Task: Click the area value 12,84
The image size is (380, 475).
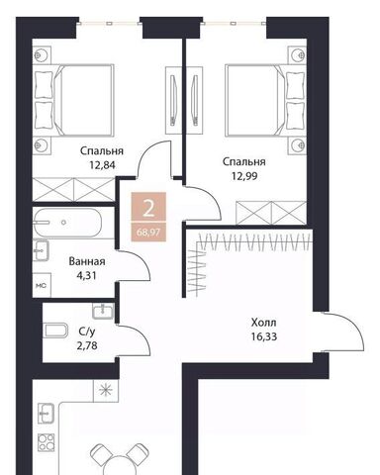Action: pyautogui.click(x=102, y=164)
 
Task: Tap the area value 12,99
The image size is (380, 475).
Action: pyautogui.click(x=244, y=176)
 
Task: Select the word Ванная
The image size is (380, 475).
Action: pyautogui.click(x=87, y=261)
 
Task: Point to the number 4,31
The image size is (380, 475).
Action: pyautogui.click(x=86, y=275)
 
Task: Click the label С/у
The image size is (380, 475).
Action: pyautogui.click(x=87, y=331)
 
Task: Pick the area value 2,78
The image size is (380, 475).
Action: pyautogui.click(x=87, y=345)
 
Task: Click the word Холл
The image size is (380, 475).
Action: pyautogui.click(x=263, y=323)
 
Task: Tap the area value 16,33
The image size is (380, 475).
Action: pyautogui.click(x=263, y=336)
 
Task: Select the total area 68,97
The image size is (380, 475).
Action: pyautogui.click(x=148, y=233)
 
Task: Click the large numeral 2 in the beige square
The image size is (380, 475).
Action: pyautogui.click(x=148, y=209)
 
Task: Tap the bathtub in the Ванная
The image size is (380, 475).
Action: pyautogui.click(x=67, y=223)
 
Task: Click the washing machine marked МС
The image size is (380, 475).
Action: pyautogui.click(x=42, y=285)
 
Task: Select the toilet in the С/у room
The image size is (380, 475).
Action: pyautogui.click(x=55, y=330)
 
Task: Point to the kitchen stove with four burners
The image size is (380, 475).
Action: pyautogui.click(x=46, y=442)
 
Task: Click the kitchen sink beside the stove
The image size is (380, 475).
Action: pyautogui.click(x=46, y=413)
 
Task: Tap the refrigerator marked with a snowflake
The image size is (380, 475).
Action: pyautogui.click(x=106, y=391)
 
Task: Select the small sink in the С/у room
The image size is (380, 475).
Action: pyautogui.click(x=103, y=311)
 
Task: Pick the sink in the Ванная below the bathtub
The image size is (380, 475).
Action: pyautogui.click(x=41, y=250)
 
